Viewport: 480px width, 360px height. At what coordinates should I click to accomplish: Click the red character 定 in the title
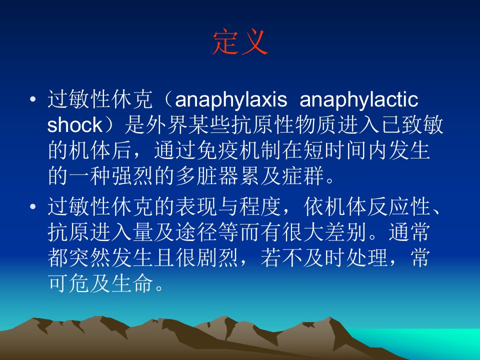225,42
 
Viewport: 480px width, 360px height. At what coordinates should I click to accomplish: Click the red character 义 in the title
254,42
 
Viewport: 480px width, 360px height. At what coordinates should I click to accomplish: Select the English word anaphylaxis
231,100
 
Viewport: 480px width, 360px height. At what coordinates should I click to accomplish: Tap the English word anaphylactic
359,100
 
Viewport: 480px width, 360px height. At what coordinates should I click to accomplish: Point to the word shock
74,125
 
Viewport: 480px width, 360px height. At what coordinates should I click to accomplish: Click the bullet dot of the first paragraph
33,99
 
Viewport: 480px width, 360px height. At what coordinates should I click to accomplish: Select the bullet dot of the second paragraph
33,206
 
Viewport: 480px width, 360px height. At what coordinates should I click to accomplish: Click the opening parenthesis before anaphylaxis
168,99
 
